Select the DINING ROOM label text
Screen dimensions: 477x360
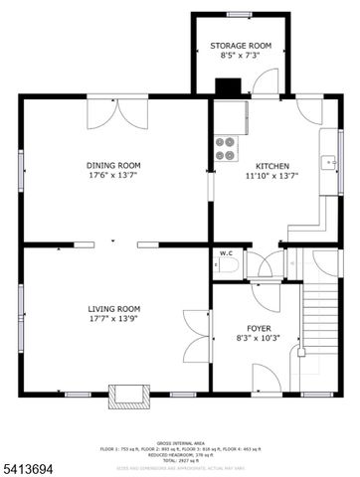113,165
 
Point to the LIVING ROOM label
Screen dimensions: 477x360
113,309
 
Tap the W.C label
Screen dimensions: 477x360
225,252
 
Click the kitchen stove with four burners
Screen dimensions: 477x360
226,148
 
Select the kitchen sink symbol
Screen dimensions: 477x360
329,162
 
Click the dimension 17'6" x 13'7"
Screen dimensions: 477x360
113,176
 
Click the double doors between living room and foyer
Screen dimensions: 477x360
195,338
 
